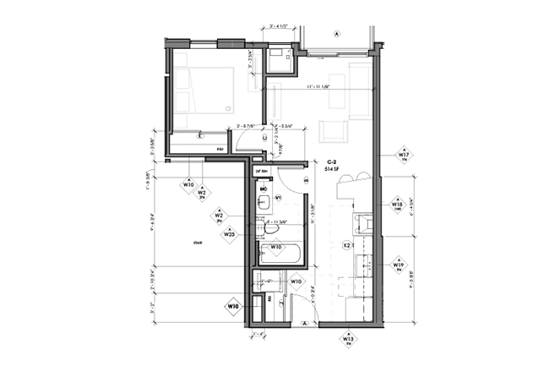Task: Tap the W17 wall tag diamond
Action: click(404, 156)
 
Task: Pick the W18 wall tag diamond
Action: click(397, 205)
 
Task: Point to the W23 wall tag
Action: click(228, 235)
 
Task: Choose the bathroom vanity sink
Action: click(264, 201)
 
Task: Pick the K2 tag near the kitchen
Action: click(347, 245)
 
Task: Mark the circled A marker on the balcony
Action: click(336, 35)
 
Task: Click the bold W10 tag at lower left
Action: click(233, 305)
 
